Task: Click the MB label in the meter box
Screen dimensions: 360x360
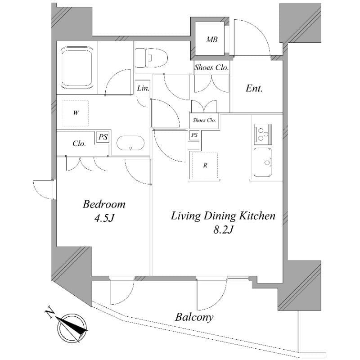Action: pyautogui.click(x=211, y=40)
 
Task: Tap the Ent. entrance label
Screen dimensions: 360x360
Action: pyautogui.click(x=254, y=88)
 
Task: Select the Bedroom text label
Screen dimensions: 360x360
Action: pyautogui.click(x=104, y=204)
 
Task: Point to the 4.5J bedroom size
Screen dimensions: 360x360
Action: pyautogui.click(x=104, y=218)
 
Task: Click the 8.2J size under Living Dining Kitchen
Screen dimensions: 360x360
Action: pyautogui.click(x=223, y=229)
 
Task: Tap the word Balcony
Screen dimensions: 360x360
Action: pyautogui.click(x=194, y=318)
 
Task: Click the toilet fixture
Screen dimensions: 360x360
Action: pyautogui.click(x=151, y=58)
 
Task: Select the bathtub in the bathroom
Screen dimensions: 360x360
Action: pyautogui.click(x=77, y=68)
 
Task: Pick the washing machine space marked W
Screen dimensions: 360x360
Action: pyautogui.click(x=76, y=113)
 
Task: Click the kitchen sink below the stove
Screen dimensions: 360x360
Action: pyautogui.click(x=263, y=162)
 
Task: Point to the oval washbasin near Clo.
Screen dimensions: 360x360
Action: pyautogui.click(x=130, y=143)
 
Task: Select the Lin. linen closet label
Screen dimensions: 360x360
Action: pyautogui.click(x=143, y=88)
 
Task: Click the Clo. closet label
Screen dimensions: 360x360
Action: pyautogui.click(x=79, y=144)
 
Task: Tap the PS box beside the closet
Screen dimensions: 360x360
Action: pyautogui.click(x=103, y=137)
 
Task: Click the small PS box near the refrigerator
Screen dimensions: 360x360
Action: pyautogui.click(x=194, y=135)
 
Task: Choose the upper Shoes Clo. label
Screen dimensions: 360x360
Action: pyautogui.click(x=211, y=67)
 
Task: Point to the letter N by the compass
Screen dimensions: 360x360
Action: pyautogui.click(x=49, y=314)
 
